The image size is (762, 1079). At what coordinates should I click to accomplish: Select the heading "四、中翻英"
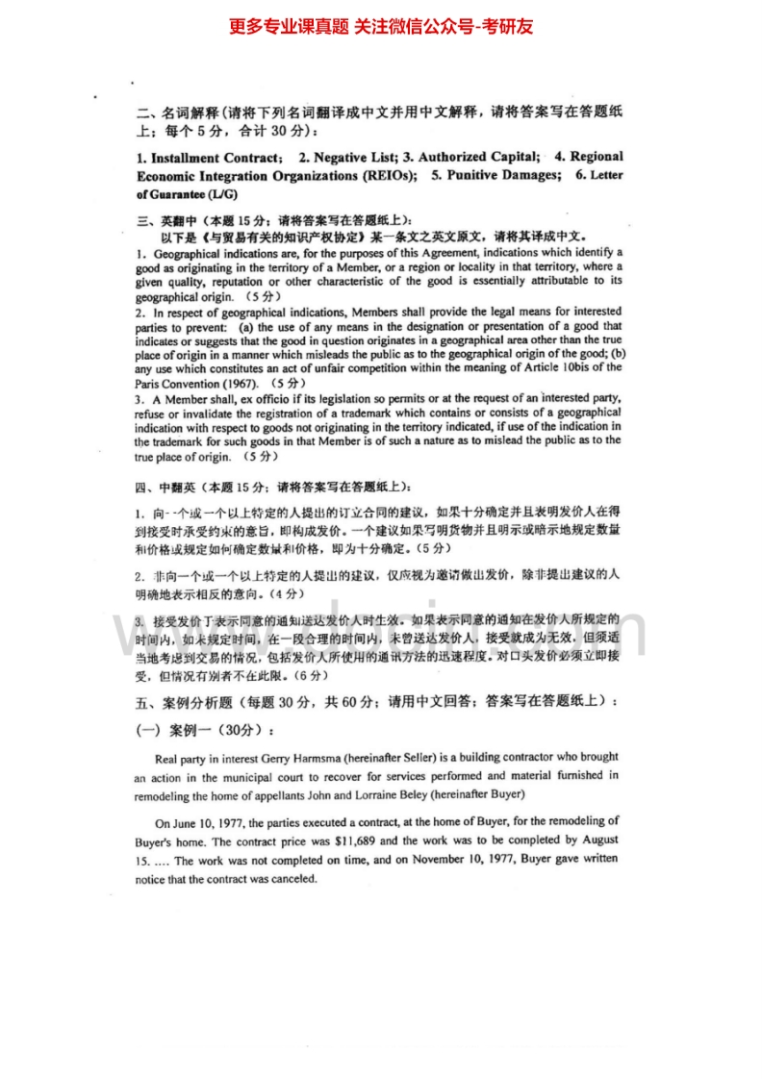pos(165,486)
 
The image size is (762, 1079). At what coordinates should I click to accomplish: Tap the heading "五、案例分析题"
pos(185,702)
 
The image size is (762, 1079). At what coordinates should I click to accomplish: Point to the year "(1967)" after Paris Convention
pos(237,383)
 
